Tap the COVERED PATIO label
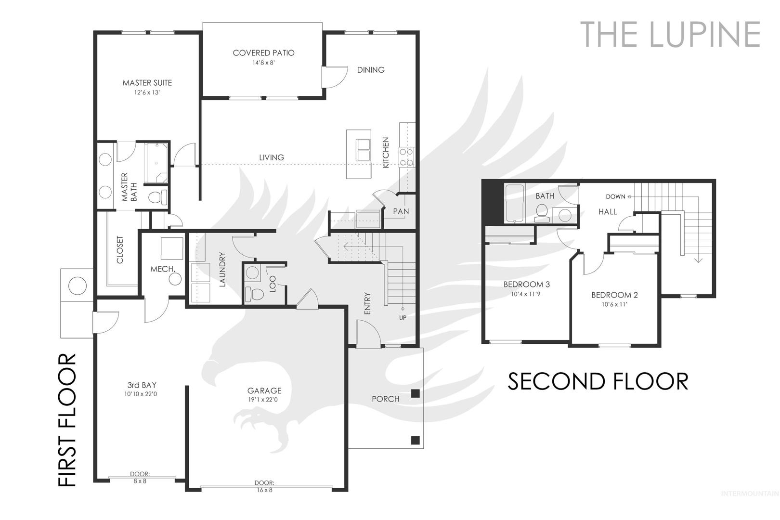(263, 53)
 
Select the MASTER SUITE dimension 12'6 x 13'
(147, 92)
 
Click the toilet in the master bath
(158, 197)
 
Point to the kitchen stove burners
(406, 157)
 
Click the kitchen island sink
(363, 150)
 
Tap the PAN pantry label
(401, 211)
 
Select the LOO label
(273, 284)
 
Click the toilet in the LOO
(254, 294)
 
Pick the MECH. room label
(163, 269)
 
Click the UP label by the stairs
(403, 318)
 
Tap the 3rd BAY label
(142, 385)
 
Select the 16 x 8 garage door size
(264, 490)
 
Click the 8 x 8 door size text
(140, 481)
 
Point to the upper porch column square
(415, 393)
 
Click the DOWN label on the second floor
(615, 197)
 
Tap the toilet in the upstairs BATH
(542, 213)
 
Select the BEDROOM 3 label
(527, 285)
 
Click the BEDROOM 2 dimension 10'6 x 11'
(614, 304)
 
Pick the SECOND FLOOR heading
(598, 381)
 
